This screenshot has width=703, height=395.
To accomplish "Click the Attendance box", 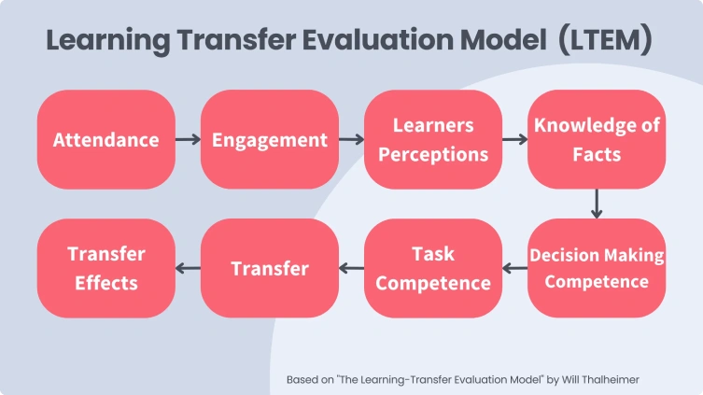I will point(105,140).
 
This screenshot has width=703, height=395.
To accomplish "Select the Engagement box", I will point(270,140).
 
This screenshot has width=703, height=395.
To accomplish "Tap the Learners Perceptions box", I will point(433,140).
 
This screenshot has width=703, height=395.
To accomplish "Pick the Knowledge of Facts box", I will point(597,140).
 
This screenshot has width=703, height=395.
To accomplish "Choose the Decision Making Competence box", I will point(597,268).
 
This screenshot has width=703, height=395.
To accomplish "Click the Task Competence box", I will point(433,268).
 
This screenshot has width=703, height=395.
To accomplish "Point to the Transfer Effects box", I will point(105,268).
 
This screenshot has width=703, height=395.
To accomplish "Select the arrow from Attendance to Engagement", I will point(188,140).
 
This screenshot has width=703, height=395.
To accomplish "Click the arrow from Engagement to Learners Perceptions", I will point(351,140).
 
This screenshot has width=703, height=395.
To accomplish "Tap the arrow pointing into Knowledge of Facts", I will point(514,140).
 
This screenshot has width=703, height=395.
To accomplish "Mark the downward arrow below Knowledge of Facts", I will point(597,204).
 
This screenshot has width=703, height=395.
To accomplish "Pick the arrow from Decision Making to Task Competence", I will point(514,269).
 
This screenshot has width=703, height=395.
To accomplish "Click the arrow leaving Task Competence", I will point(351,269).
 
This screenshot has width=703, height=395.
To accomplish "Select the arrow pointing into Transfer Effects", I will point(188,269).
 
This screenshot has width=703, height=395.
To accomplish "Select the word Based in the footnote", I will point(302,380).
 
